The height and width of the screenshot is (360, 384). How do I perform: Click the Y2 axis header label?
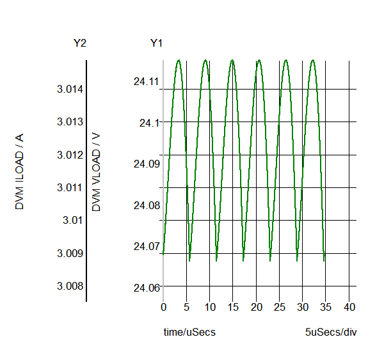pos(80,43)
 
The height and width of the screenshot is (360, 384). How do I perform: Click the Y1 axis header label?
pos(157,43)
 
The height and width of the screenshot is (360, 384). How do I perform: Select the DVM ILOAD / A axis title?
pos(20,172)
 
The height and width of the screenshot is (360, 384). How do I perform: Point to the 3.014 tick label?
pos(70,89)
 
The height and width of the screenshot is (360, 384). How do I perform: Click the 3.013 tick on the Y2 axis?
pos(70,121)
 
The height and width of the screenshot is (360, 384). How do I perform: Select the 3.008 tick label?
pos(70,286)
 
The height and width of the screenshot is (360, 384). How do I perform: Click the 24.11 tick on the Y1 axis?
pos(145,81)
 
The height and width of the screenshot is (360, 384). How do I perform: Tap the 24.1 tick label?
pos(148,122)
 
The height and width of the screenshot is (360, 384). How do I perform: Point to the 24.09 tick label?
pos(145,164)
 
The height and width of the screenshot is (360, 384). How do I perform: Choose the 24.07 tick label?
pos(145,246)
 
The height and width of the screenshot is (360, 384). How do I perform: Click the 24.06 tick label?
pos(145,288)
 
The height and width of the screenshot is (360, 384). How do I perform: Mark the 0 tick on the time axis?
pos(163,308)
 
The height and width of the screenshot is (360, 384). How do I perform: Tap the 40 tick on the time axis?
pos(349,308)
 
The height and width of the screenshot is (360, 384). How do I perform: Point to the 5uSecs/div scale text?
pos(329,333)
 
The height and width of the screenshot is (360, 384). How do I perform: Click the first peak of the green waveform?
pos(178,60)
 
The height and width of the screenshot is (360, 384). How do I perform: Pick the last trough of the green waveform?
pos(324,260)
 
